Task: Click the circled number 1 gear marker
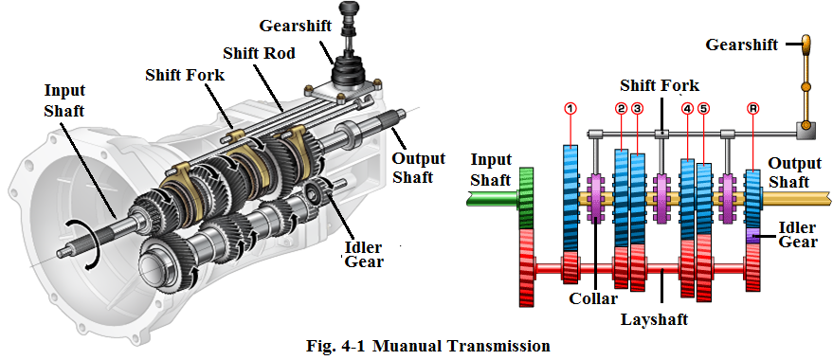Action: (570, 108)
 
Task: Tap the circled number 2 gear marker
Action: (621, 108)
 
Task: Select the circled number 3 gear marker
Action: (638, 108)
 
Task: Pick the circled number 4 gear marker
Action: (688, 108)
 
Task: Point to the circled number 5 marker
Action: (704, 108)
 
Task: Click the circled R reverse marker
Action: (753, 108)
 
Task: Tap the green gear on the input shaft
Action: (526, 199)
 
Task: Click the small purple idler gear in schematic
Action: (753, 236)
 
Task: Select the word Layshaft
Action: (655, 319)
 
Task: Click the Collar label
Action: (593, 298)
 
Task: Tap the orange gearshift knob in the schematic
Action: (806, 45)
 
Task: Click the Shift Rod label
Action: (259, 53)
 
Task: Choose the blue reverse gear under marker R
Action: (753, 200)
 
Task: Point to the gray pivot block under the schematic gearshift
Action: (806, 130)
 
